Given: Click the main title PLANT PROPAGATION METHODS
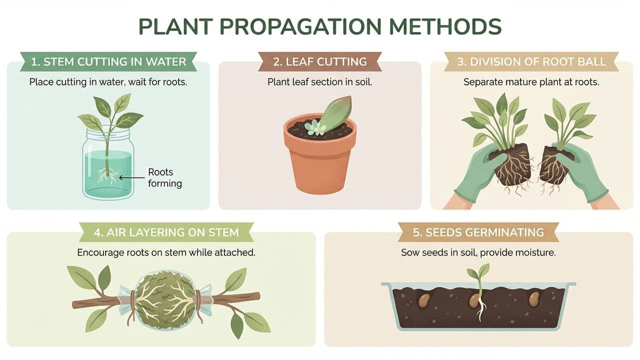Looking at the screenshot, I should click(x=320, y=26).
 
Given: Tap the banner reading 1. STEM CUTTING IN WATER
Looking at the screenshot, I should click(x=108, y=62).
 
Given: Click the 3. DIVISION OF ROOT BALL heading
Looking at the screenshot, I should click(x=531, y=62).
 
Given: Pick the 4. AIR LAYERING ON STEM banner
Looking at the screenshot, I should click(x=166, y=232).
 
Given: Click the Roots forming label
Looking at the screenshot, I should click(x=164, y=177).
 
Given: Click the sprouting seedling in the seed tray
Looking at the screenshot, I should click(x=479, y=290).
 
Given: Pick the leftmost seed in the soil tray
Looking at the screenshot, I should click(x=423, y=300).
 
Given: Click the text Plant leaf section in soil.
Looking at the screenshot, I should click(x=319, y=81).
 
